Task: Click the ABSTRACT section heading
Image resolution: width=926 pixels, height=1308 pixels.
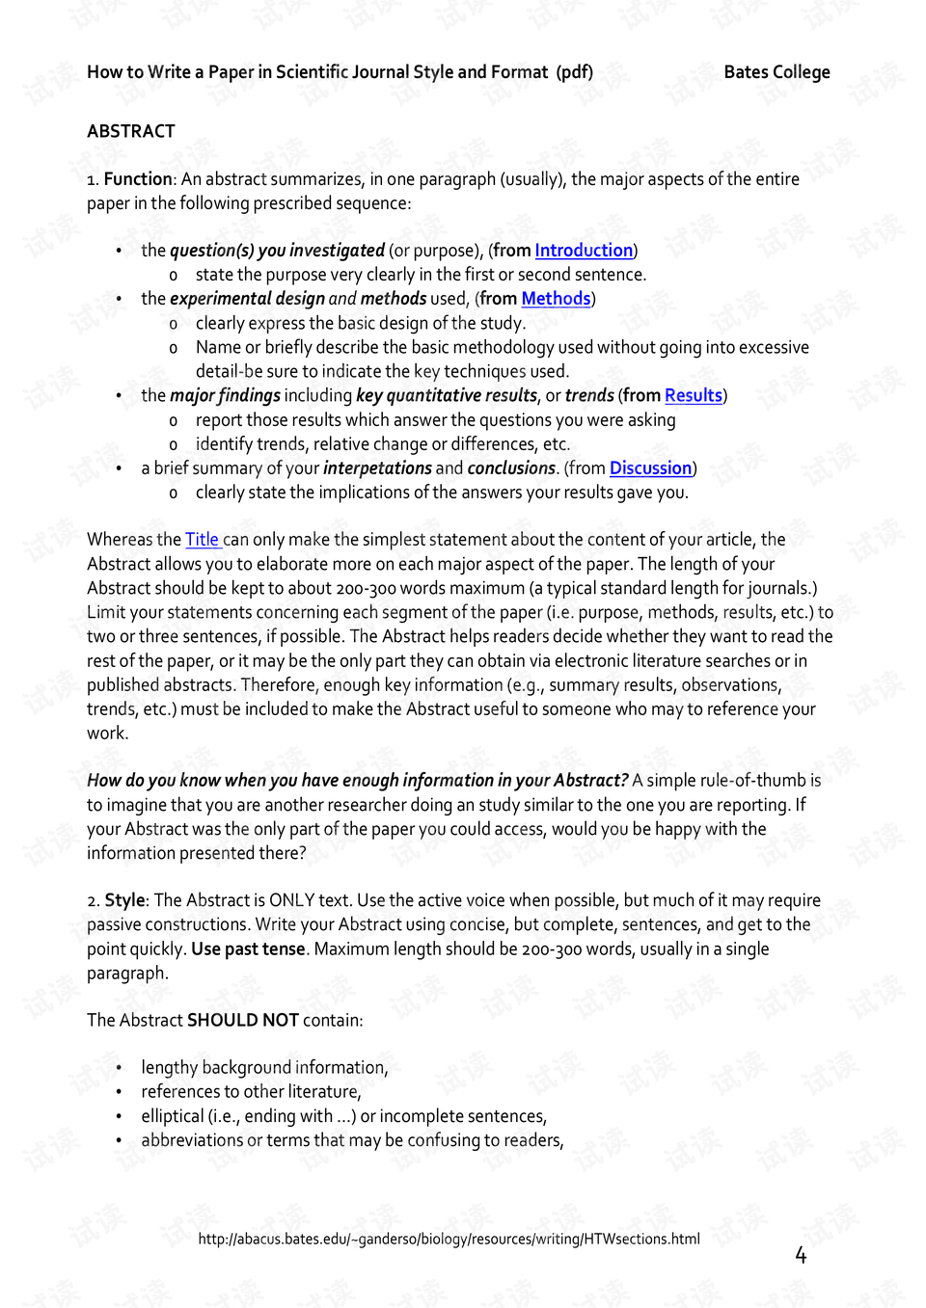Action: [131, 131]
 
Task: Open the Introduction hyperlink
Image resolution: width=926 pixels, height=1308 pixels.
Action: [584, 251]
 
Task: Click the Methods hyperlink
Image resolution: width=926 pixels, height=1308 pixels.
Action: [556, 299]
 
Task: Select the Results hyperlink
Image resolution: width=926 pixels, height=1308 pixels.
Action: [693, 395]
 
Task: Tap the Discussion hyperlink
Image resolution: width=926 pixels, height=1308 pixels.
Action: [650, 468]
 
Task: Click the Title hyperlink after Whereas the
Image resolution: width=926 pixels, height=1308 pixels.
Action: [203, 540]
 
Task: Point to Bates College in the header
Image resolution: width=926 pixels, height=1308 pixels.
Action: [776, 72]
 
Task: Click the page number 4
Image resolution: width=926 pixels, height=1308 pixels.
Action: [801, 1254]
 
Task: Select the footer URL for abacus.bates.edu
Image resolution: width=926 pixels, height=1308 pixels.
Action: [449, 1239]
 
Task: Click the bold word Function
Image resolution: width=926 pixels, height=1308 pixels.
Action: [138, 179]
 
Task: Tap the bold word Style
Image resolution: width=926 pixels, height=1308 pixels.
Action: [124, 900]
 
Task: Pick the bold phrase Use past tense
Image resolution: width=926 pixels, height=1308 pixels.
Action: [248, 949]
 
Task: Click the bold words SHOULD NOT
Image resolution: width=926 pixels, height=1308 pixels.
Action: [243, 1021]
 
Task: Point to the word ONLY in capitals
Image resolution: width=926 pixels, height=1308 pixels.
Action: [291, 900]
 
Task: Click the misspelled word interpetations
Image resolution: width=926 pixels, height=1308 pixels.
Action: [377, 468]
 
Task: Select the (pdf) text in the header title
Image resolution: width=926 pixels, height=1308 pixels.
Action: [574, 72]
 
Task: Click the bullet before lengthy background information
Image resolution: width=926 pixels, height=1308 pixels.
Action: [119, 1068]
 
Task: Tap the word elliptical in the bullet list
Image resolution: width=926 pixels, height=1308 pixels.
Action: [173, 1116]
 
